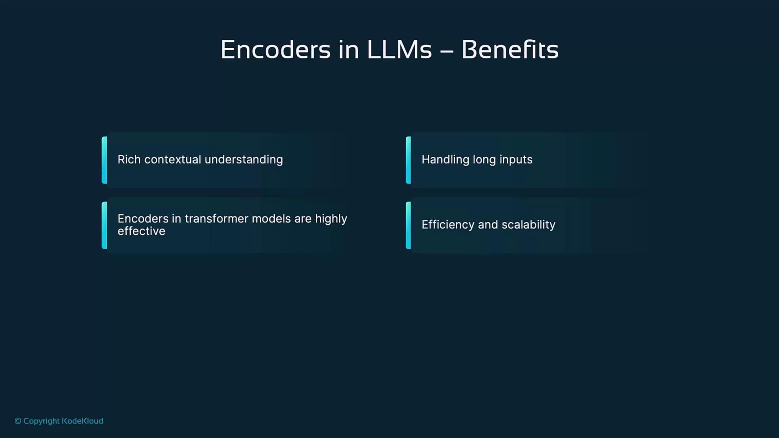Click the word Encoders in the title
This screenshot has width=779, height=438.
(x=275, y=50)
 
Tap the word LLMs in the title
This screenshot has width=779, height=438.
(x=399, y=50)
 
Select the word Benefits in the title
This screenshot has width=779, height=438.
(x=510, y=50)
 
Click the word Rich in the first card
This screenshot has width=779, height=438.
(x=129, y=159)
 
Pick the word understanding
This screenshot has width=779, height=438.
(x=243, y=159)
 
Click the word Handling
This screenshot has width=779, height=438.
(x=445, y=159)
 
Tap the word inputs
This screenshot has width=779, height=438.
(x=516, y=159)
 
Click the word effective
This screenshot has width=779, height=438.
(x=141, y=231)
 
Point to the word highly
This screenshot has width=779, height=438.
(x=331, y=219)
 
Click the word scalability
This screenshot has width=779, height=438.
(x=528, y=225)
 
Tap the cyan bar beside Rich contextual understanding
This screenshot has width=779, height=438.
(x=104, y=160)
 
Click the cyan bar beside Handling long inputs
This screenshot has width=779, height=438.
(x=408, y=160)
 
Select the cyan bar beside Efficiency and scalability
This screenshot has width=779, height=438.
(x=408, y=225)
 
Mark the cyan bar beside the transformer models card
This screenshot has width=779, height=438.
(x=104, y=225)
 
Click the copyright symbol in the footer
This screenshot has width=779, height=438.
(x=18, y=421)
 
